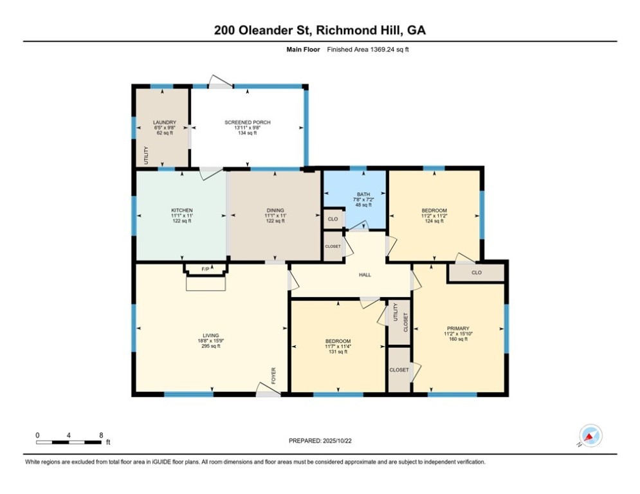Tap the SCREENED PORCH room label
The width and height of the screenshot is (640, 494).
248,122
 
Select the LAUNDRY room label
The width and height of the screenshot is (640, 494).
165,122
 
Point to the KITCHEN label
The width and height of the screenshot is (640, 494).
181,211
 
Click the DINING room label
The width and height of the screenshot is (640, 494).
275,211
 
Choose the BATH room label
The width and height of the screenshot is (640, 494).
363,194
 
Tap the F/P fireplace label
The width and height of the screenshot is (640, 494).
205,269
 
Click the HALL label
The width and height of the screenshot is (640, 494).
365,275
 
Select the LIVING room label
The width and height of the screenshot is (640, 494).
211,336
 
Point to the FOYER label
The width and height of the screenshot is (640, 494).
273,376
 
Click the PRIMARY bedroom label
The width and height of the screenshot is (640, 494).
458,328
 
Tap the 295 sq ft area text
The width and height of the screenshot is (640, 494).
211,346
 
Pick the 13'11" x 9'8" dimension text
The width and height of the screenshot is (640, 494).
248,128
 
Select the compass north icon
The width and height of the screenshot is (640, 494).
590,435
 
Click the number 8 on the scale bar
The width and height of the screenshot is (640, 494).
101,435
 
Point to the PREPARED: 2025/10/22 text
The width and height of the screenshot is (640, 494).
320,441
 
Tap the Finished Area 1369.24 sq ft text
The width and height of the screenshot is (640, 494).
368,50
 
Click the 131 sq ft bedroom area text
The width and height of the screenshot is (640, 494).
338,351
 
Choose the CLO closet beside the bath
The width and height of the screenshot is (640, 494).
333,219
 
